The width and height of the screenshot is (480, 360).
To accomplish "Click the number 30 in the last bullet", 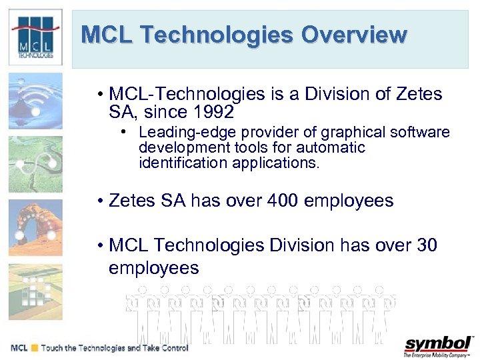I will pyautogui.click(x=426, y=246).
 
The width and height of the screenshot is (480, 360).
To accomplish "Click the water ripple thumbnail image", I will pyautogui.click(x=35, y=100).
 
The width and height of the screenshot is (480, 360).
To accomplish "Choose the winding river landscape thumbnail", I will pyautogui.click(x=35, y=164).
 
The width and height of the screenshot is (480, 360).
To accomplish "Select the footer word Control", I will pyautogui.click(x=172, y=348).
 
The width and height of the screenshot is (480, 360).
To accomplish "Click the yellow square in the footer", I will pyautogui.click(x=35, y=348).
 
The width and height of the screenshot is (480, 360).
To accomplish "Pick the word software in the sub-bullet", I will pyautogui.click(x=423, y=133).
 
